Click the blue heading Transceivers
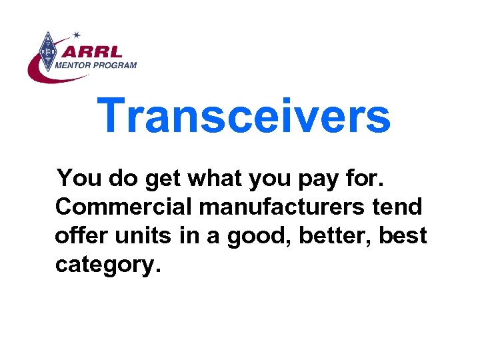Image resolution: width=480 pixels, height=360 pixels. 243,115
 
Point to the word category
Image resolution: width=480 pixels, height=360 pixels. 107,265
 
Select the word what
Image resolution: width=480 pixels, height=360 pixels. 214,179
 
